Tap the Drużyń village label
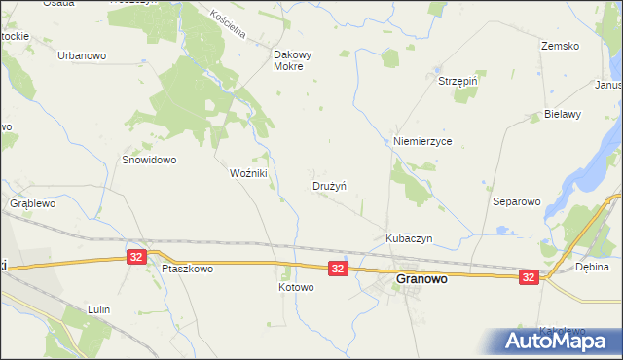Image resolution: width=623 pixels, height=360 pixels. coord(330,185)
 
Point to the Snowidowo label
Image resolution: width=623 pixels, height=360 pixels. coord(148,160)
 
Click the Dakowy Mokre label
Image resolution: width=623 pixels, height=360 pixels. coord(292,61)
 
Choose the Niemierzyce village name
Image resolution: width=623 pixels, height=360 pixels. coord(422,141)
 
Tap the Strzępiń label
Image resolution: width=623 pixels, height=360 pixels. coord(459,81)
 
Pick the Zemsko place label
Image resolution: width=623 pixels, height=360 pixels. coord(560,46)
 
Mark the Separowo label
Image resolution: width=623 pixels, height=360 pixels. coord(517,201)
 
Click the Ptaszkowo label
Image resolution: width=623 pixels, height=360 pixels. coord(188,269)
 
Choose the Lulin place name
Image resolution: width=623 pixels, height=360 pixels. coord(98,309)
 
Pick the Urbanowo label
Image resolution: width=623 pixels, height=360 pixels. coord(82,55)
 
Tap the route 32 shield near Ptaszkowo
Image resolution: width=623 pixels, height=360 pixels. coord(136,257)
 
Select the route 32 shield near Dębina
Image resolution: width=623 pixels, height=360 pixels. coord(529,277)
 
